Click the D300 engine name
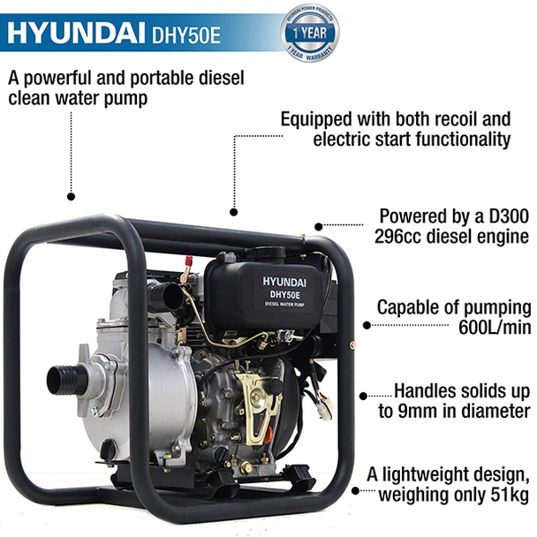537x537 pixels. point(506,216)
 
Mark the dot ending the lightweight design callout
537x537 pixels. point(356,488)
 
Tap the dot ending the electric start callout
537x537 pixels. point(234,212)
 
